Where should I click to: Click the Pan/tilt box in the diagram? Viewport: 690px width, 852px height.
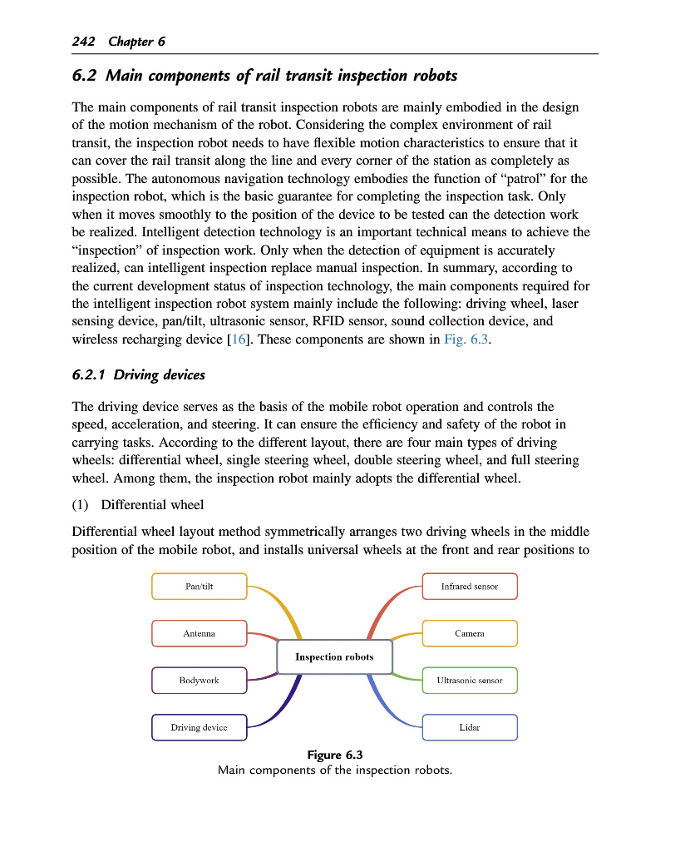pos(200,587)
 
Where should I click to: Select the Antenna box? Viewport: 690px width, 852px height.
pos(200,634)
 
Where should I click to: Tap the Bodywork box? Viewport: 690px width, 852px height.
pos(200,681)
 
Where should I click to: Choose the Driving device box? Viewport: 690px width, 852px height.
pos(200,728)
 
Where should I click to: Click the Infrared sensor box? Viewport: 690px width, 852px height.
pos(470,587)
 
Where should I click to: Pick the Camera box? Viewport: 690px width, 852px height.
pos(470,634)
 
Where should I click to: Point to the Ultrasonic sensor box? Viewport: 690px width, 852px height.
pos(470,681)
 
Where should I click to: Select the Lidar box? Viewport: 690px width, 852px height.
pos(470,728)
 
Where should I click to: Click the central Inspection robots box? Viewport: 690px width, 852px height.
pos(334,657)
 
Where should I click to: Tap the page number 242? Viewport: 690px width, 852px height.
pos(84,42)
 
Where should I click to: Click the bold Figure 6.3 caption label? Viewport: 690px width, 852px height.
pos(335,755)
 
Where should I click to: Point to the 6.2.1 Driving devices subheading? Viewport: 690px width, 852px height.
pos(139,375)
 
